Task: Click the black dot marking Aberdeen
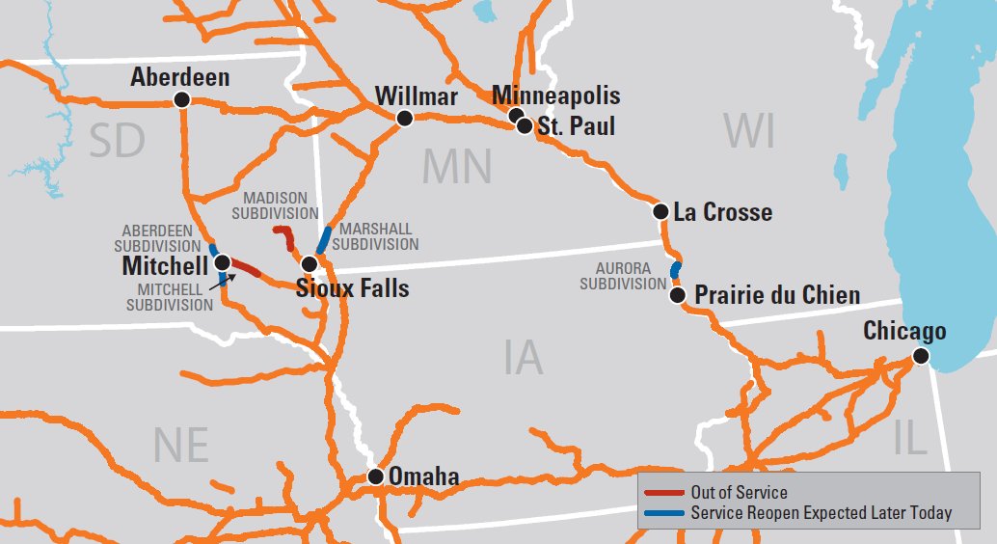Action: pos(180,99)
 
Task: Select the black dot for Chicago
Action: pos(921,356)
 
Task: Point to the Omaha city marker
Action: pos(376,476)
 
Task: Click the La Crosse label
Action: pos(723,212)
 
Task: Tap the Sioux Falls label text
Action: pos(352,288)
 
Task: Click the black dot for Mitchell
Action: pos(222,262)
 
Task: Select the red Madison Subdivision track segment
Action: pos(284,235)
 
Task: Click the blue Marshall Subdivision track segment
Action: pos(324,239)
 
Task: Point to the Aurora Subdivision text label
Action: pos(623,276)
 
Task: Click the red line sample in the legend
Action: pos(663,493)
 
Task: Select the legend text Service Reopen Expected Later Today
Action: pos(821,513)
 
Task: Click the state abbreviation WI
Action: pos(750,132)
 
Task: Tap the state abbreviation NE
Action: pos(180,445)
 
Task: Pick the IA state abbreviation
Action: pos(523,359)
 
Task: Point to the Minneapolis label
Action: pos(556,95)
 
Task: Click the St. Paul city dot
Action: pos(524,125)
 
